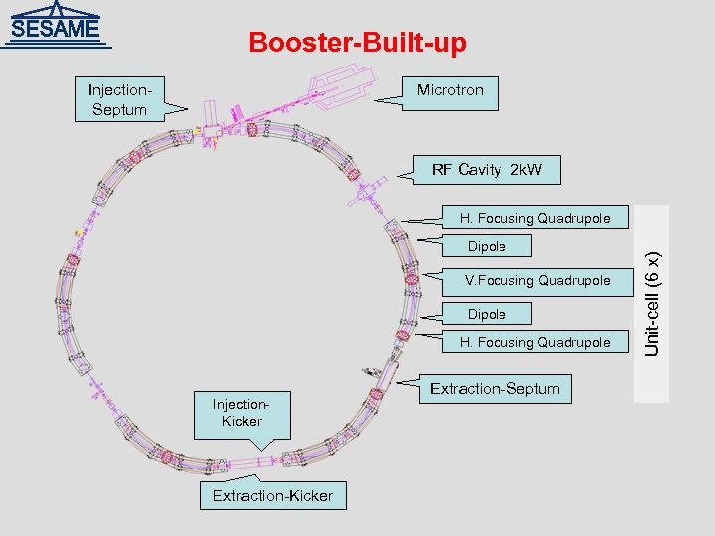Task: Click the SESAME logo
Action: coord(57,26)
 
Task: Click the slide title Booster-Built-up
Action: coord(357,43)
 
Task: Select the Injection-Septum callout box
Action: coord(119,99)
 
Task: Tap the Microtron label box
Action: coord(450,91)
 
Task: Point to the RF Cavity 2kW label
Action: coord(487,170)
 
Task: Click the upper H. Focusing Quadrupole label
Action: coord(533,218)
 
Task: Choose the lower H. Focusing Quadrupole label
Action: coord(533,342)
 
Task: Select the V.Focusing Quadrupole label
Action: coord(536,280)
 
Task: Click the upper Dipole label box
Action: coord(487,246)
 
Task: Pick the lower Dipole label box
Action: coord(487,314)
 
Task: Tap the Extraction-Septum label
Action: coord(495,388)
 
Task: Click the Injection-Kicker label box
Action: coord(241,413)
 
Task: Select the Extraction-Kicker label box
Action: coord(272,495)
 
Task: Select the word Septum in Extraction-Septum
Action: coord(531,388)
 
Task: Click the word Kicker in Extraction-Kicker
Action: coord(308,495)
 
